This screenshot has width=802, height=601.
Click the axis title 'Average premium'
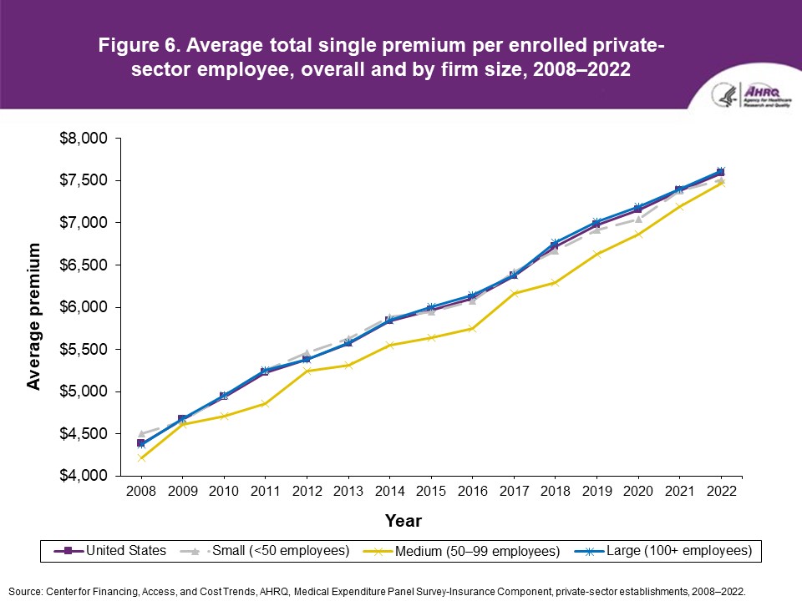click(x=34, y=316)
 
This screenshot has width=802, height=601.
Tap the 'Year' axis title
click(x=403, y=521)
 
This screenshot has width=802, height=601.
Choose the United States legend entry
click(x=110, y=551)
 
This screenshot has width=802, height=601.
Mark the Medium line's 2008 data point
click(x=140, y=457)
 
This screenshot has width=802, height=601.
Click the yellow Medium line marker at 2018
click(x=555, y=282)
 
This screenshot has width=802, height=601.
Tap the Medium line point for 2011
click(x=265, y=403)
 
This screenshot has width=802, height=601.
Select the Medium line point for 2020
click(x=637, y=234)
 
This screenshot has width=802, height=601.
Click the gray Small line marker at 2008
click(x=140, y=434)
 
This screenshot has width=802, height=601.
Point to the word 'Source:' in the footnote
click(x=25, y=590)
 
